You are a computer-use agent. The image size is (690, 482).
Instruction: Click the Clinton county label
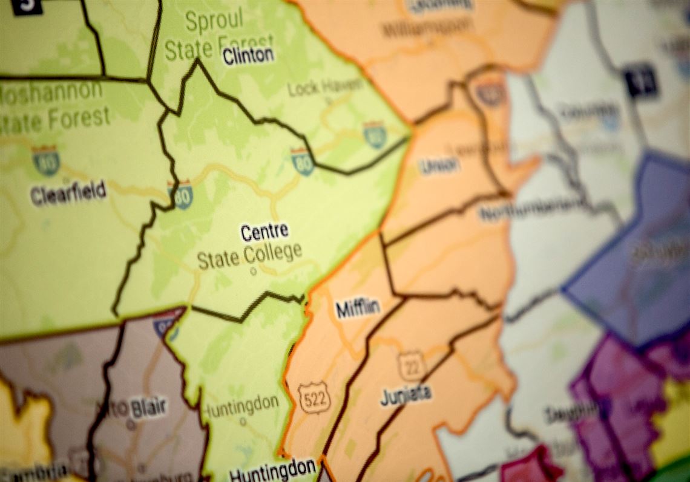tap(248, 56)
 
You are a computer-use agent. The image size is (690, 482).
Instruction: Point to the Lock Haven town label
tap(325, 88)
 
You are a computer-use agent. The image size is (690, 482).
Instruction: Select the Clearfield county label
tap(68, 192)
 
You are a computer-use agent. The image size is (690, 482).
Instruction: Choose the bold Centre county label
tap(264, 232)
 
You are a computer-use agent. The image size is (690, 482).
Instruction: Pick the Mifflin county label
tap(358, 308)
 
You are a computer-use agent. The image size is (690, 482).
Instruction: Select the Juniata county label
tap(406, 395)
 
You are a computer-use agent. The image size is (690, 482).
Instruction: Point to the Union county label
tap(439, 166)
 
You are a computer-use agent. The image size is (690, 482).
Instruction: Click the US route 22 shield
tap(412, 366)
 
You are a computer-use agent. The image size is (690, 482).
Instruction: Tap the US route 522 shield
tap(314, 397)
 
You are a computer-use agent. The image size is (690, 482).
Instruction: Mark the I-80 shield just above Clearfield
tap(45, 160)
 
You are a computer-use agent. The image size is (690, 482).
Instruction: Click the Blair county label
tap(148, 409)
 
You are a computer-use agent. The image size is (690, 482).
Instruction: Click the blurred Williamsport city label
tap(427, 27)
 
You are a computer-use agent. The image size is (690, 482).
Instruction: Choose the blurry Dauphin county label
tap(571, 414)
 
